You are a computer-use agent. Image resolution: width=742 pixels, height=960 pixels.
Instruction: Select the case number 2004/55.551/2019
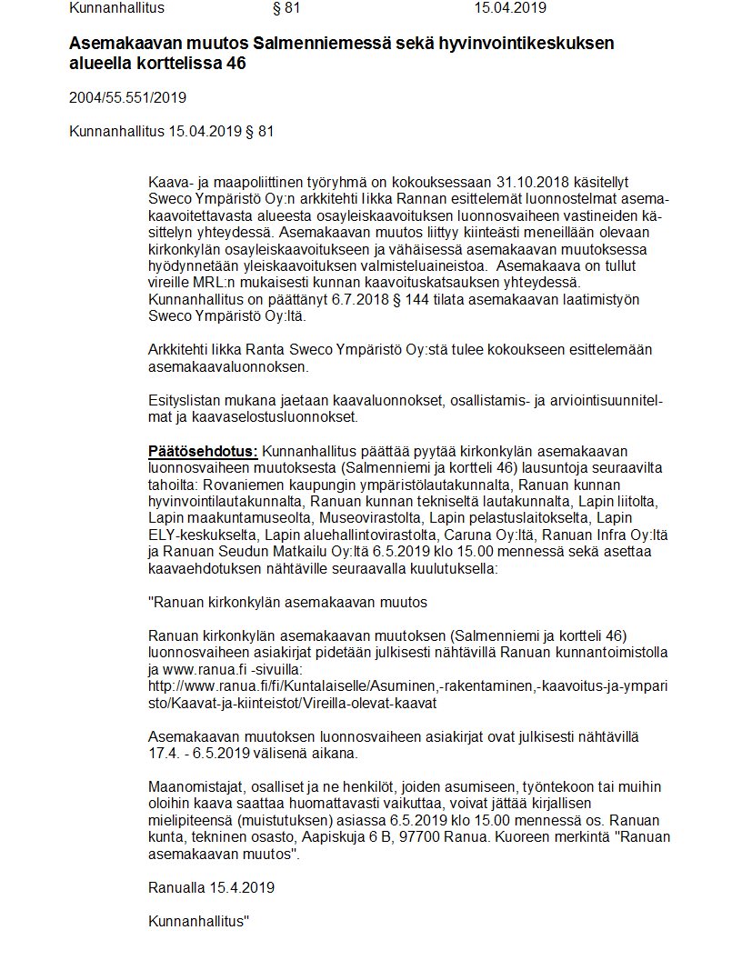pos(127,97)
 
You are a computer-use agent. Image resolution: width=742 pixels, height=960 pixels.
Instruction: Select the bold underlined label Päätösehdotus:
pos(203,452)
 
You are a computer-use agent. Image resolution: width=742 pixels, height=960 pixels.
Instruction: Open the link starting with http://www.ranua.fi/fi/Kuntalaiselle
pos(408,687)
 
